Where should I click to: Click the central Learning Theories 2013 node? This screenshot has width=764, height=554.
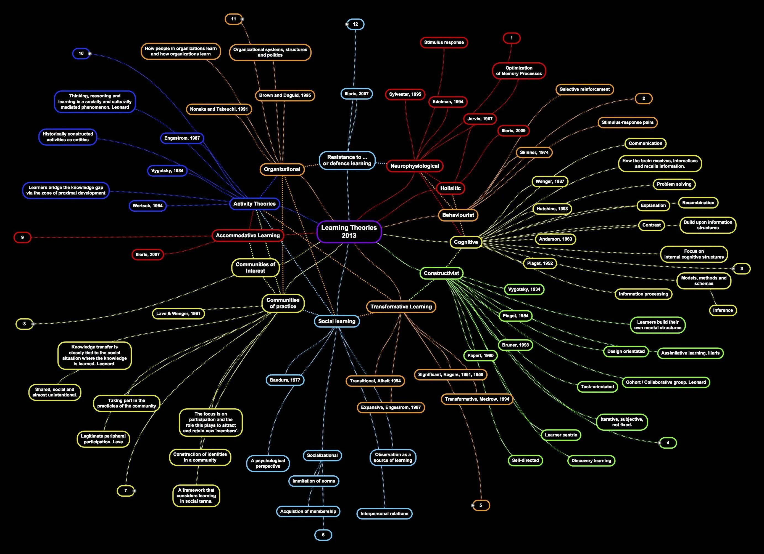click(x=349, y=231)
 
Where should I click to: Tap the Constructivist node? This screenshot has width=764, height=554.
click(x=441, y=273)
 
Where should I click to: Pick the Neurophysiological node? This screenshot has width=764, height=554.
click(x=414, y=166)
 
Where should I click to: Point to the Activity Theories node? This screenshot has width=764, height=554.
click(x=254, y=204)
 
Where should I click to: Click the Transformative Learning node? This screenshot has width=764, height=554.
click(x=401, y=307)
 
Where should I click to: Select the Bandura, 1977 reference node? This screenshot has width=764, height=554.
click(x=285, y=380)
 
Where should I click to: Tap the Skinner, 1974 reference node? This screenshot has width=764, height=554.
click(x=534, y=153)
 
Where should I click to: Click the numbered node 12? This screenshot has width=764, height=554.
click(x=355, y=24)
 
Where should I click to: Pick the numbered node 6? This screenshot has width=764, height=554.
click(x=323, y=535)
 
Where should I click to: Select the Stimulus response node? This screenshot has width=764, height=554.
click(x=444, y=42)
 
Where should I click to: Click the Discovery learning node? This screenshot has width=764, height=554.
click(x=591, y=460)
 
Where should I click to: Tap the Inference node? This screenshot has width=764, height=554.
click(x=723, y=310)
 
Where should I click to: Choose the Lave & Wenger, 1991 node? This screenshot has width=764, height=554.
click(x=178, y=314)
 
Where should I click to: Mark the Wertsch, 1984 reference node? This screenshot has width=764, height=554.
click(x=147, y=206)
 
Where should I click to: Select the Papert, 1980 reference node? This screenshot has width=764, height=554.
click(x=480, y=355)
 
